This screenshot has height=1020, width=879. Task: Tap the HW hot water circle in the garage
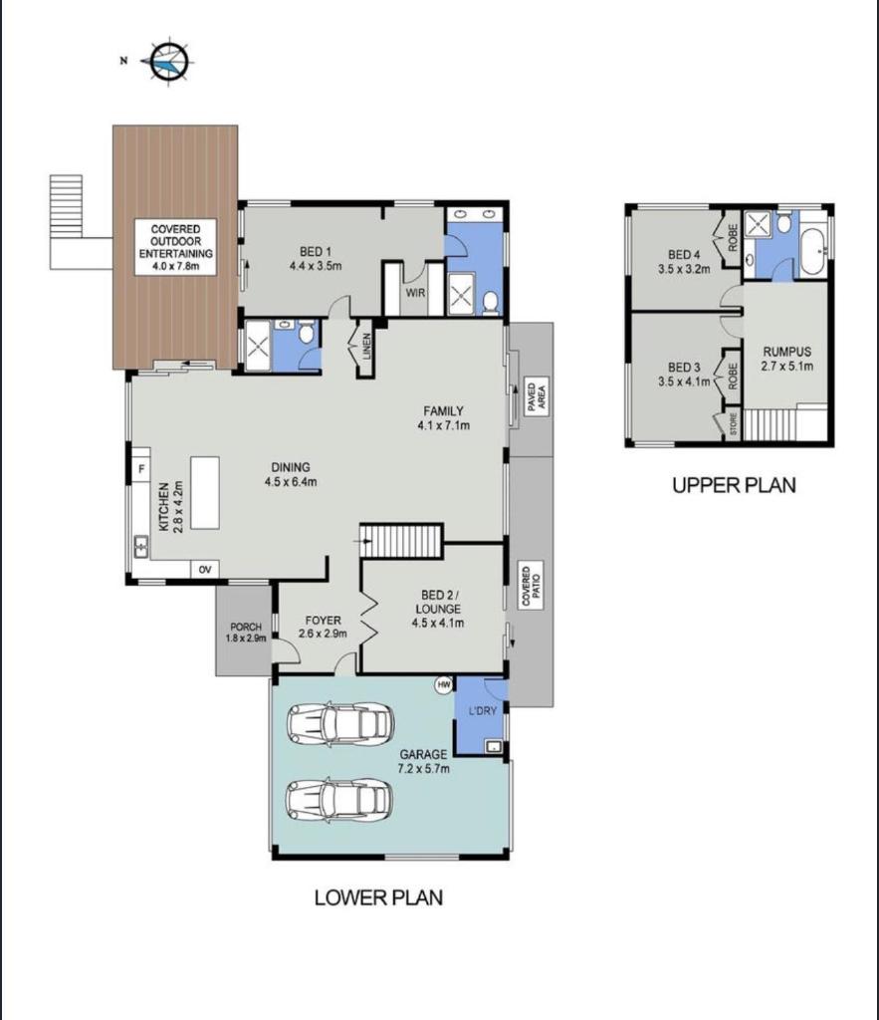[x=444, y=685]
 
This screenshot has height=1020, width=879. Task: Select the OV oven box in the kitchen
[x=205, y=570]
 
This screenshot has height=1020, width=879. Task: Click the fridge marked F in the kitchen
[x=141, y=468]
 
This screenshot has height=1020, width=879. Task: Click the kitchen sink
[x=140, y=547]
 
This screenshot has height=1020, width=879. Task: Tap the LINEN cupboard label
[x=366, y=346]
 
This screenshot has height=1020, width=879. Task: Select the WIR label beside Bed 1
[x=415, y=293]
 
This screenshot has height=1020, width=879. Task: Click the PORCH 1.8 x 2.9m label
[x=246, y=633]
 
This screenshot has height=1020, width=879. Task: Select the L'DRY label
[x=483, y=711]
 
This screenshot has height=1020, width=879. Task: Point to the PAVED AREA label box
[x=537, y=396]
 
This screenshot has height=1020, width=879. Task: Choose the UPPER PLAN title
[x=734, y=485]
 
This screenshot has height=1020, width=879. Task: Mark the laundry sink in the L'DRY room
[x=494, y=747]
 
